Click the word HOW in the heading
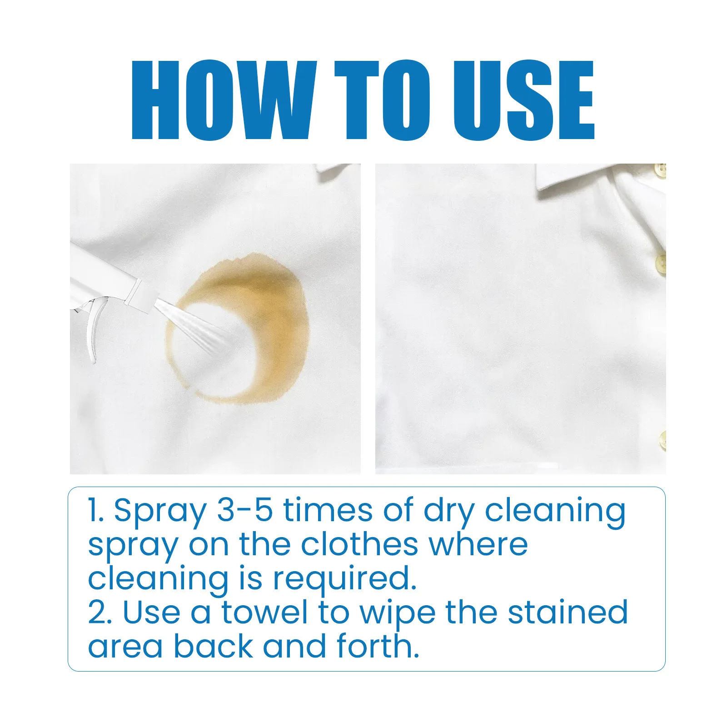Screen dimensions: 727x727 pyautogui.click(x=222, y=100)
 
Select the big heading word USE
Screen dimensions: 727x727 pyautogui.click(x=524, y=100)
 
